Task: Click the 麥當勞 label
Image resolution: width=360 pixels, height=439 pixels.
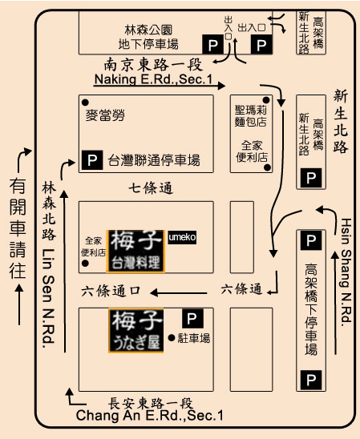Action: click(x=105, y=115)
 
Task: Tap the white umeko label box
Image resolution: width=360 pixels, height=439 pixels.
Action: click(x=182, y=237)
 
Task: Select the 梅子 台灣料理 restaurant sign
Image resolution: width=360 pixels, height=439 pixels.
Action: click(x=136, y=251)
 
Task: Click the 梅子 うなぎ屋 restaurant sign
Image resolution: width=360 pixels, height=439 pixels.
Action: click(x=136, y=330)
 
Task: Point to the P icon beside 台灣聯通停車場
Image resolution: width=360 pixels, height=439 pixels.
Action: click(x=92, y=160)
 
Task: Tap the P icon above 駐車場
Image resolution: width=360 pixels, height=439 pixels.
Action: click(x=192, y=318)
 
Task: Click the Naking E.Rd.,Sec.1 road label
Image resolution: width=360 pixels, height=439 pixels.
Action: click(x=153, y=79)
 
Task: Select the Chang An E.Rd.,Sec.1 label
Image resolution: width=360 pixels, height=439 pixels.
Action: click(x=150, y=415)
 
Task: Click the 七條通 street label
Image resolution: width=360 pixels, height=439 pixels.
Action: click(x=151, y=188)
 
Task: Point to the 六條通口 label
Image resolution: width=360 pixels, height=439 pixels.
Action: click(x=111, y=291)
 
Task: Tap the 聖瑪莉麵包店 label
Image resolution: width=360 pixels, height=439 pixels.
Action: click(x=251, y=116)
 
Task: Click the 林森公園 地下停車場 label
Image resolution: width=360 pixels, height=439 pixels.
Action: click(x=148, y=37)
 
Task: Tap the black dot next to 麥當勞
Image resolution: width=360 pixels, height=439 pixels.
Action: click(x=85, y=103)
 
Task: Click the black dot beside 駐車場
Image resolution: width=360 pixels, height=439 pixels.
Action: click(x=172, y=338)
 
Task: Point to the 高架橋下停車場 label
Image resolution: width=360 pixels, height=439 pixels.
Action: click(x=311, y=309)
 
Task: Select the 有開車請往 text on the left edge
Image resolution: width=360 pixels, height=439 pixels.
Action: click(x=18, y=228)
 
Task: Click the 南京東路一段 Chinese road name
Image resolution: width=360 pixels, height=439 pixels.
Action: click(x=153, y=64)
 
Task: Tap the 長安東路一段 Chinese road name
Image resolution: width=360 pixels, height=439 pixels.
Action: click(x=151, y=403)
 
